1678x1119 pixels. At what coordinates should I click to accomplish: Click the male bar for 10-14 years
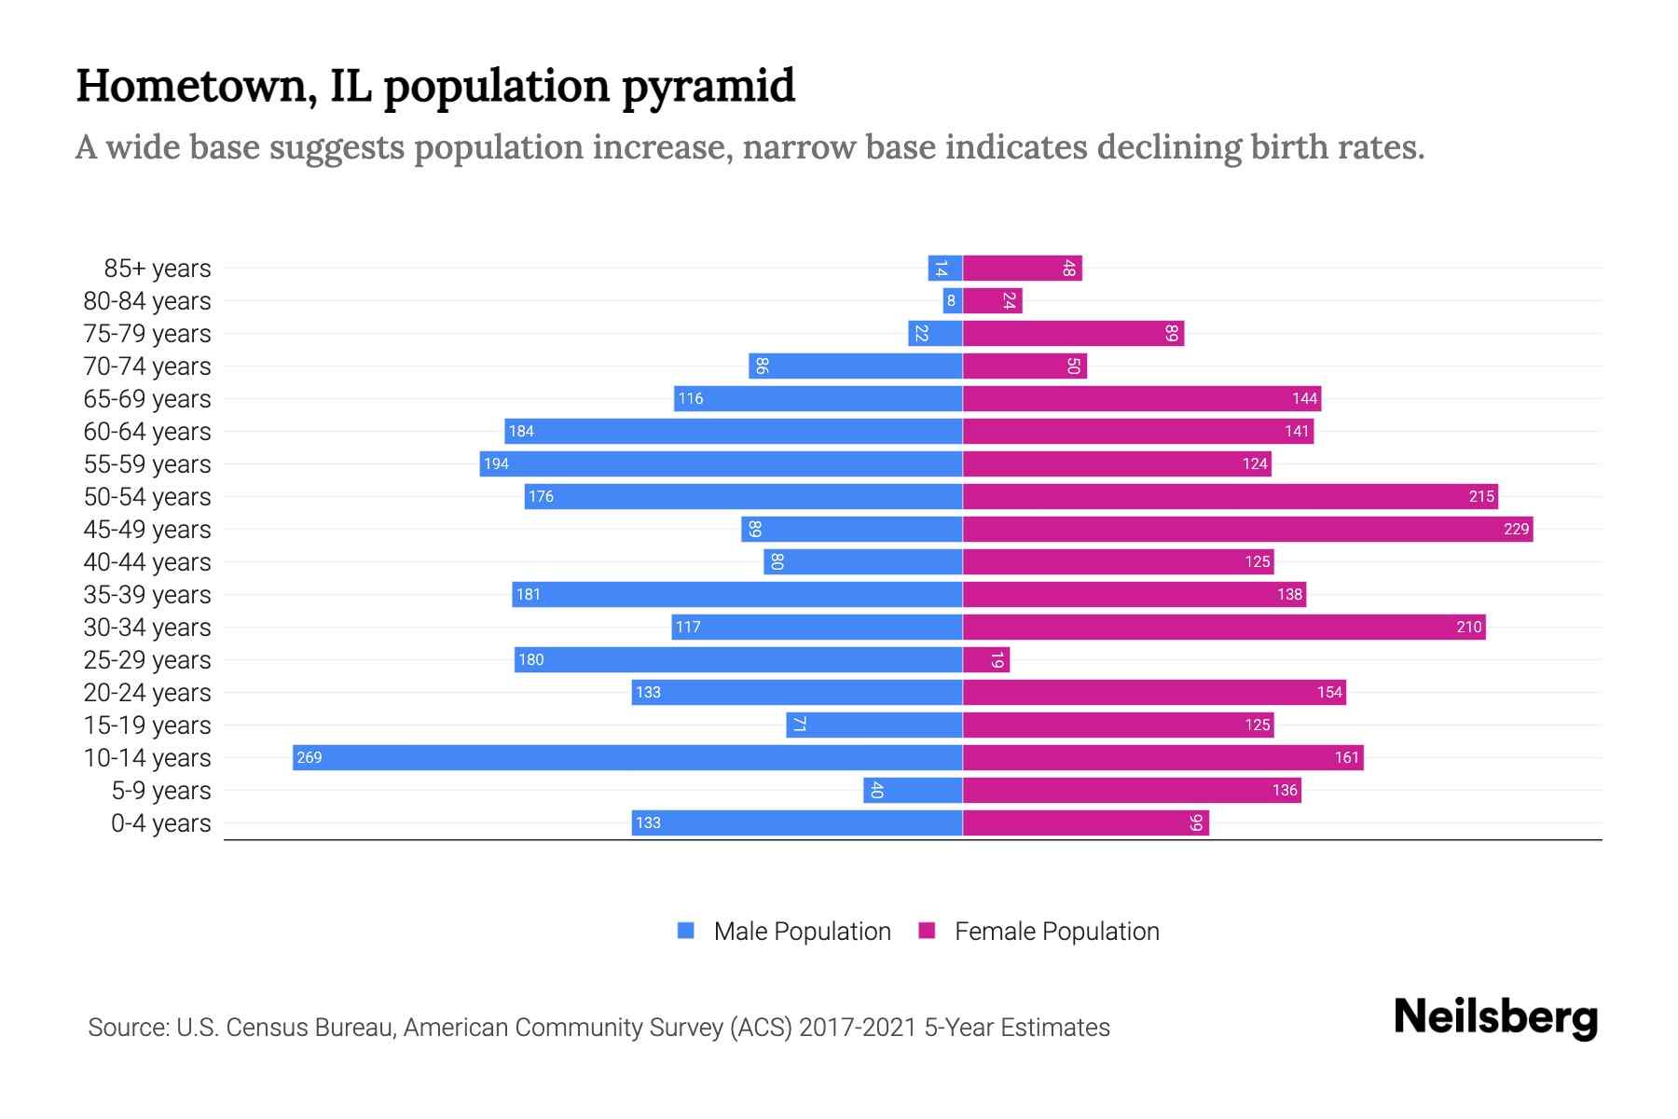click(x=626, y=757)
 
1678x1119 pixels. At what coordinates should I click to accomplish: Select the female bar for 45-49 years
click(x=1247, y=529)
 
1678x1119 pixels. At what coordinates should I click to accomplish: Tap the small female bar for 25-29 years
click(x=985, y=660)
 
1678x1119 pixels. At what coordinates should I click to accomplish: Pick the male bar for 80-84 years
click(x=952, y=300)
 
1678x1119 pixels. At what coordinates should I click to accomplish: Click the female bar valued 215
click(x=1231, y=496)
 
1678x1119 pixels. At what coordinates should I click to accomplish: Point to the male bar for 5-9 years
click(x=913, y=791)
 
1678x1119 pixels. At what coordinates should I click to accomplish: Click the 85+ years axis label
click(x=158, y=269)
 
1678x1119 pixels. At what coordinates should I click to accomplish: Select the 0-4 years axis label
click(x=160, y=823)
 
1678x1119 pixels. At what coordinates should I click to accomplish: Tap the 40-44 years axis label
click(x=147, y=562)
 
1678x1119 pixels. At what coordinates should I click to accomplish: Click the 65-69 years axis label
click(x=147, y=399)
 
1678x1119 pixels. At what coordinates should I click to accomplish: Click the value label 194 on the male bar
click(x=496, y=464)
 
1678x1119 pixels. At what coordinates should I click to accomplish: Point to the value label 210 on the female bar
click(x=1468, y=628)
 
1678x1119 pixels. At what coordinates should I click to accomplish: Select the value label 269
click(x=309, y=758)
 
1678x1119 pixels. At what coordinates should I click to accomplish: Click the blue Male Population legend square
click(x=686, y=931)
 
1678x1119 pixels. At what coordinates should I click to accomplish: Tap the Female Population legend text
click(x=1056, y=932)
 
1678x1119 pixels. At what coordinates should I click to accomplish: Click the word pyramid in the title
click(x=708, y=87)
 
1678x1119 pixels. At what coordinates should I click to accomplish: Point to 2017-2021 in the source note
click(x=857, y=1028)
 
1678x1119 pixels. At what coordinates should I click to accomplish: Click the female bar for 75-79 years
click(x=1073, y=333)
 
